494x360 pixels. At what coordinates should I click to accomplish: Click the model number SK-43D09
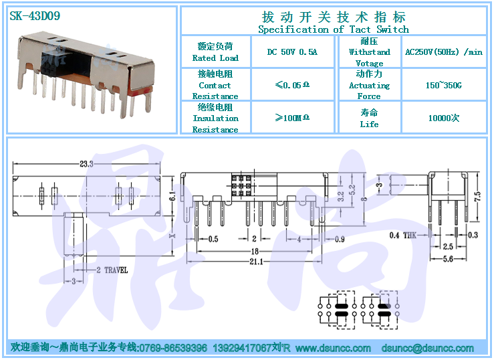(35, 16)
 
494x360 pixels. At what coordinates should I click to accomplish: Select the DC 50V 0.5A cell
(292, 52)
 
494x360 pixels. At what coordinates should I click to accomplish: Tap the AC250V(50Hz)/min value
(444, 52)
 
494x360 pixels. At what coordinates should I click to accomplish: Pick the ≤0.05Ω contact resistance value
(292, 85)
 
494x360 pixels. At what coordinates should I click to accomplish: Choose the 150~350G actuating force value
(444, 85)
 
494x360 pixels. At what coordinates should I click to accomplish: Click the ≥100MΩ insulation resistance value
(292, 118)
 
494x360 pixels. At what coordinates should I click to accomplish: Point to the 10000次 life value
(444, 118)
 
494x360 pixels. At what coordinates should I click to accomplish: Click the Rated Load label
(215, 58)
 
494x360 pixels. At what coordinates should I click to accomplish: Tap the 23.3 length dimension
(86, 164)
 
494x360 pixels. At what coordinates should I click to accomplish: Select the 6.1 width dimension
(172, 196)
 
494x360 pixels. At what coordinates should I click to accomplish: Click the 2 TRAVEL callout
(112, 270)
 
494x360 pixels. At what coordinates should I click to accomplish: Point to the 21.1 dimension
(256, 262)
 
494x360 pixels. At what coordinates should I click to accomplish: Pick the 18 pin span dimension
(255, 251)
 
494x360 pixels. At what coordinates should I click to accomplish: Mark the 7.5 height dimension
(477, 197)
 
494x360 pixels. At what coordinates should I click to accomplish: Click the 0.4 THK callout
(402, 235)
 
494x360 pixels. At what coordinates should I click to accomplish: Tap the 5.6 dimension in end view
(448, 259)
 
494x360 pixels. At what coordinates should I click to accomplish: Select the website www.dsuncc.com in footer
(333, 348)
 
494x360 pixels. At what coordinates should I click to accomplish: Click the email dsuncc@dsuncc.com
(428, 348)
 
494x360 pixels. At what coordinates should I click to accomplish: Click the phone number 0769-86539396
(173, 348)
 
